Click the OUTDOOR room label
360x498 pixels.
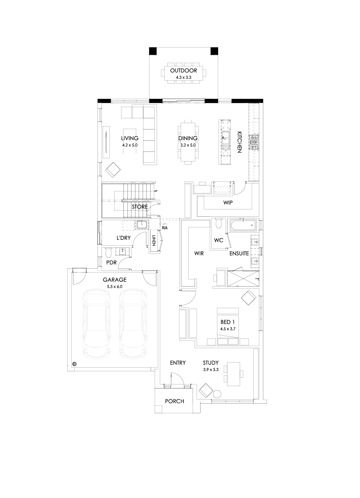point(183,71)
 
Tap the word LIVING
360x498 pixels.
point(130,138)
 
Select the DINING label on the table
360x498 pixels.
point(188,138)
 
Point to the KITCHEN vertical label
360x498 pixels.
point(239,142)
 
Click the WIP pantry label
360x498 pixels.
point(228,203)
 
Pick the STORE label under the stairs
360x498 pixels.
point(139,207)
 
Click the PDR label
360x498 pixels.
point(111,263)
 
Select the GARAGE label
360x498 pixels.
point(114,280)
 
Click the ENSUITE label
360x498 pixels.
point(239,253)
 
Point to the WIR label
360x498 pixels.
point(199,253)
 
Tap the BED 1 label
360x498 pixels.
point(227,322)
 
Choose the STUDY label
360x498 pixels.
point(211,363)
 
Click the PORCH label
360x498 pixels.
point(174,401)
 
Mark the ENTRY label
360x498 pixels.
point(178,363)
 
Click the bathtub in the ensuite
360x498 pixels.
point(243,225)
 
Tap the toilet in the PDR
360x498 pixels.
point(108,253)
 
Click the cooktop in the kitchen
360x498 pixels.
point(254,142)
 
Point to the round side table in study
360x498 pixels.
point(217,394)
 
